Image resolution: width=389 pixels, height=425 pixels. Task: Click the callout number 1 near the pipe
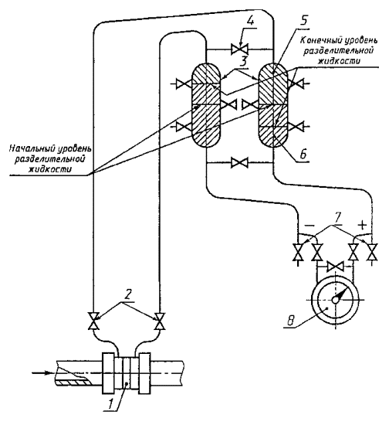[110, 405]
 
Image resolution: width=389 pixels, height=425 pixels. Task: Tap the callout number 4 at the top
[251, 21]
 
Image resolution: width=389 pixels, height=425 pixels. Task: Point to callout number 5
[304, 21]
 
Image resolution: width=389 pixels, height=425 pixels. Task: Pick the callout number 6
[303, 154]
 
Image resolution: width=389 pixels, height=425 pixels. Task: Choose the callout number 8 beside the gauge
[290, 321]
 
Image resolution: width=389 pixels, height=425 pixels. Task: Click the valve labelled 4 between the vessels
[239, 49]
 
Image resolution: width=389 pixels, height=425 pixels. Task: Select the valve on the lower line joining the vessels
[239, 162]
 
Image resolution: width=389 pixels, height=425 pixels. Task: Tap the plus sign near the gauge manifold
[362, 225]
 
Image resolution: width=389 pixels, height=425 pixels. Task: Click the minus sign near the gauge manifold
[310, 226]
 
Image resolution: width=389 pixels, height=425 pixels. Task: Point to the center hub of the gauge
[336, 300]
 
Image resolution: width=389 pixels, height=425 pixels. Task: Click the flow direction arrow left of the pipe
[42, 372]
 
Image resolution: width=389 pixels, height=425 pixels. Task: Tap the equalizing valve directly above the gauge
[335, 267]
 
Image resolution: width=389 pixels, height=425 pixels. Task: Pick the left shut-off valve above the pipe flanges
[93, 321]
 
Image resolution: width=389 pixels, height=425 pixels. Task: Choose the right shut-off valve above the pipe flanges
[160, 321]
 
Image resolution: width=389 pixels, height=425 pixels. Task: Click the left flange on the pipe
[108, 373]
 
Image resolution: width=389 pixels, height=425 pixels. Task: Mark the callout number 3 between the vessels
[243, 62]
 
